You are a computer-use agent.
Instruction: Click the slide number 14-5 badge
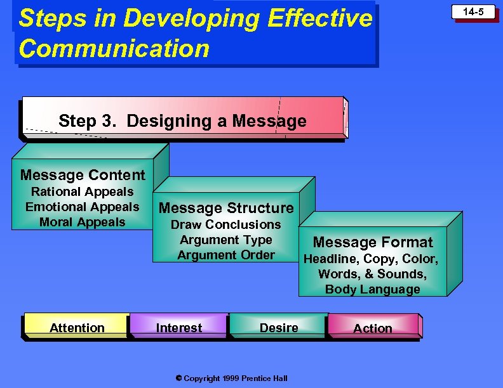[x=473, y=12]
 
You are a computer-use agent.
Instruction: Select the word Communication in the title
[x=114, y=48]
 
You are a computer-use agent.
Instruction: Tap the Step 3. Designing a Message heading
[x=182, y=120]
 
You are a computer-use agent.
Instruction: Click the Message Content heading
[x=83, y=175]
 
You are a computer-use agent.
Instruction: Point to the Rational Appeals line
[x=83, y=191]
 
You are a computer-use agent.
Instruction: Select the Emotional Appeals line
[x=83, y=207]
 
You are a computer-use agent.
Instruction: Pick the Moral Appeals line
[x=83, y=222]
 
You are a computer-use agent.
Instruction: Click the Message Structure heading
[x=226, y=208]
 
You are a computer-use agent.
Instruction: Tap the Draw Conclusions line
[x=226, y=224]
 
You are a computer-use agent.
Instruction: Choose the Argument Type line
[x=226, y=240]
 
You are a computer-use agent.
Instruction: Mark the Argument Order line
[x=226, y=255]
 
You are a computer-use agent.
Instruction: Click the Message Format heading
[x=373, y=242]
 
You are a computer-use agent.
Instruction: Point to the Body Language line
[x=373, y=289]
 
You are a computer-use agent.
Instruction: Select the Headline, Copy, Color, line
[x=371, y=259]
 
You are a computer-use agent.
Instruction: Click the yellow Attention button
[x=77, y=327]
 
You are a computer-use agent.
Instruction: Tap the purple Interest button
[x=179, y=327]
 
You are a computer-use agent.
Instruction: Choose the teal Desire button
[x=279, y=327]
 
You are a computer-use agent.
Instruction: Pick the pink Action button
[x=373, y=328]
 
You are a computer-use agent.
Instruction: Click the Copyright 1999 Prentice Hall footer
[x=231, y=378]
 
